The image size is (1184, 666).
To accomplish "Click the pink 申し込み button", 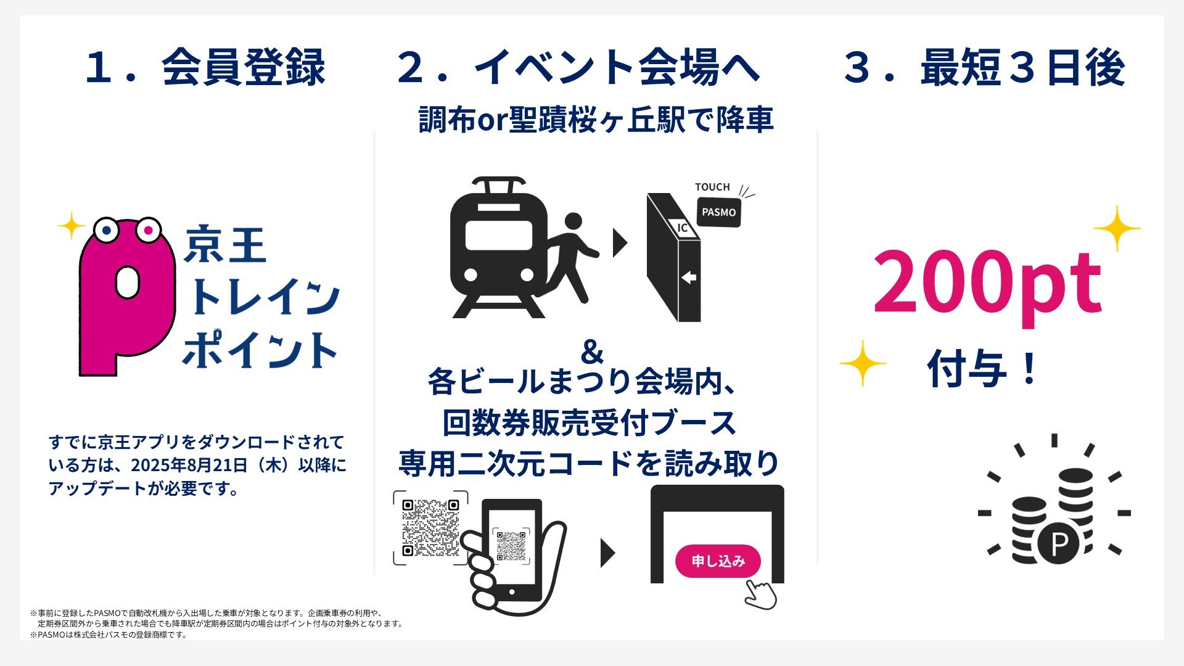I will (x=718, y=561).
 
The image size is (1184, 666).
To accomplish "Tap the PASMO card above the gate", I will (x=718, y=212).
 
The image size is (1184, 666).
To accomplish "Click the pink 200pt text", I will (x=987, y=284).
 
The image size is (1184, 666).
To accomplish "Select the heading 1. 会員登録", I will (x=205, y=68).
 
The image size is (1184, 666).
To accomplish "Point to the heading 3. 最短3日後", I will (x=984, y=68).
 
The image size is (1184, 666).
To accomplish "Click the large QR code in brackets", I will (x=430, y=528).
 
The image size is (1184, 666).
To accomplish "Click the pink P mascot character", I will (x=126, y=296).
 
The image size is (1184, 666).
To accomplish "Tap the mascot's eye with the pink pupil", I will (x=148, y=230).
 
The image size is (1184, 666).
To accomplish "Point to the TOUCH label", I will (x=712, y=187).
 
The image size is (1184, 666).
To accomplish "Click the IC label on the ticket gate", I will (x=682, y=228).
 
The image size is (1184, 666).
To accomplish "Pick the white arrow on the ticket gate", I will (x=689, y=278).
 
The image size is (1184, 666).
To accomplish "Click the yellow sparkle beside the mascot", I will (x=72, y=226).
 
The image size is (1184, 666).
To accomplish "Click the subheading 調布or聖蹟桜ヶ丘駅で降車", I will (x=596, y=120).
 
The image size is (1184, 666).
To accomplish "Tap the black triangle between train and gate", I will (x=619, y=243).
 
